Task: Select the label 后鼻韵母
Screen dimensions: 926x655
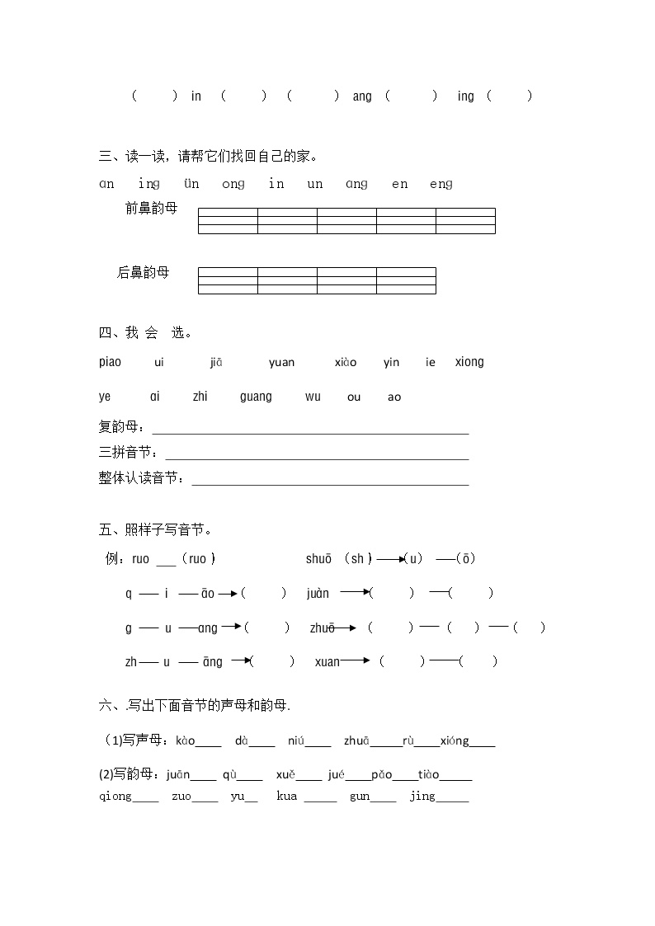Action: coord(144,272)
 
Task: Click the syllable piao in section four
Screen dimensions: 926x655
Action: coord(110,362)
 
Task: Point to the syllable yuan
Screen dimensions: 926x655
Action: coord(281,362)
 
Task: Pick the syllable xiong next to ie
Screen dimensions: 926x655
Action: coord(469,362)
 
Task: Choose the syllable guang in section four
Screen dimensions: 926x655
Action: coord(256,397)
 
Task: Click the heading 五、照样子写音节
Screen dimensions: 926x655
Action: coord(156,529)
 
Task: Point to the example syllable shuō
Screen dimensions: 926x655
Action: coord(318,559)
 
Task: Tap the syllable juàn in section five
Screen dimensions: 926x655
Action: coord(318,594)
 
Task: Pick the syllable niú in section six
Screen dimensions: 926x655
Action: coord(296,740)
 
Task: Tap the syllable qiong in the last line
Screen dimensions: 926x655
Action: coord(115,797)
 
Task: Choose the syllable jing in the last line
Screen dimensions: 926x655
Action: coord(422,797)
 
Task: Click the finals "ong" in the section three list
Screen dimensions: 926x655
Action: coord(233,184)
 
